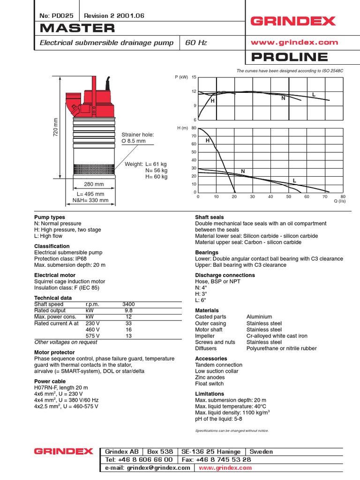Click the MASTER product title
77,28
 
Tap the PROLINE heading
289,57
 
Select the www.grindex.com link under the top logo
294,42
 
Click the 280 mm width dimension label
93,184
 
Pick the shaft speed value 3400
128,304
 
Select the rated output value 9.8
128,310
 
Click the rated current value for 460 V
128,330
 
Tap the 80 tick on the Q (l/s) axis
343,197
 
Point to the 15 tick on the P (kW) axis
194,77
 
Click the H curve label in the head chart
207,141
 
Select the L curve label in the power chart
314,95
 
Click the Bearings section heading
207,252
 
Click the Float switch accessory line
209,383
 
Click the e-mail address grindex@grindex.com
148,468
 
